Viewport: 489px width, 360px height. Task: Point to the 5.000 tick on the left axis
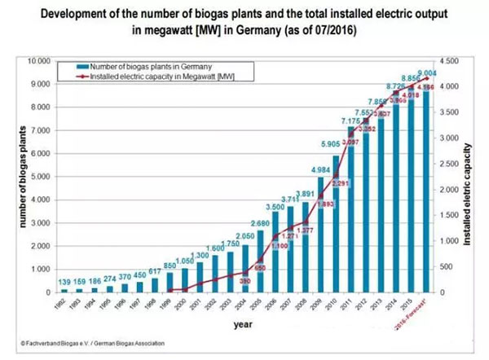pos(40,177)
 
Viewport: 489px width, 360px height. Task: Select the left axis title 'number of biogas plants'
pos(14,177)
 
